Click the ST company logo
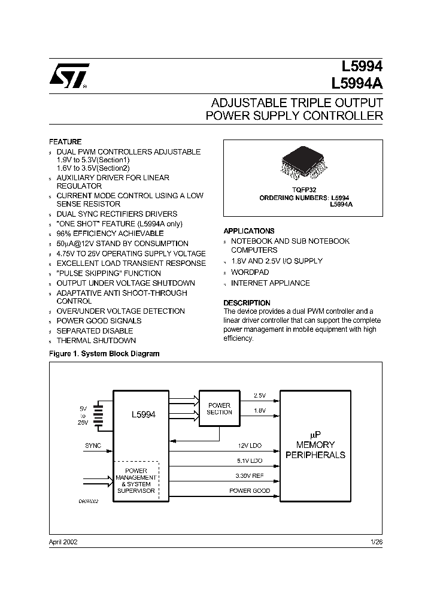(x=69, y=75)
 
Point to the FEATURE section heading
(x=65, y=142)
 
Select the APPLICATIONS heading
(x=249, y=231)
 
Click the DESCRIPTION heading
(x=247, y=303)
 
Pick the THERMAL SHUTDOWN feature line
(x=96, y=341)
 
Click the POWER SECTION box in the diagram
(x=219, y=408)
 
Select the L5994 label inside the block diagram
(x=143, y=414)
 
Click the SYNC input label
(x=93, y=446)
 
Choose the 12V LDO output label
(x=250, y=446)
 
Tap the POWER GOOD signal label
(x=250, y=490)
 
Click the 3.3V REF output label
(x=250, y=475)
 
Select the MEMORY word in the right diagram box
(x=315, y=445)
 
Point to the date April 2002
(x=63, y=541)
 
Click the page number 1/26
(x=376, y=541)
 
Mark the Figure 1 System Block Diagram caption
(x=104, y=353)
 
